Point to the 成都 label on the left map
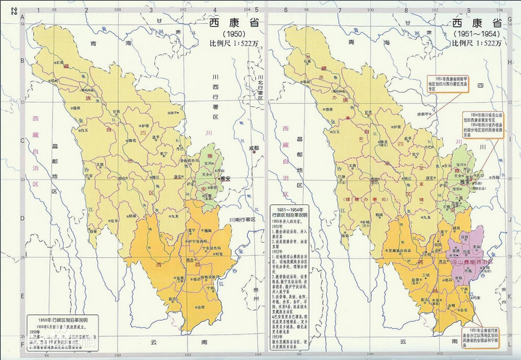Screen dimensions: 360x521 [x=251, y=147]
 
